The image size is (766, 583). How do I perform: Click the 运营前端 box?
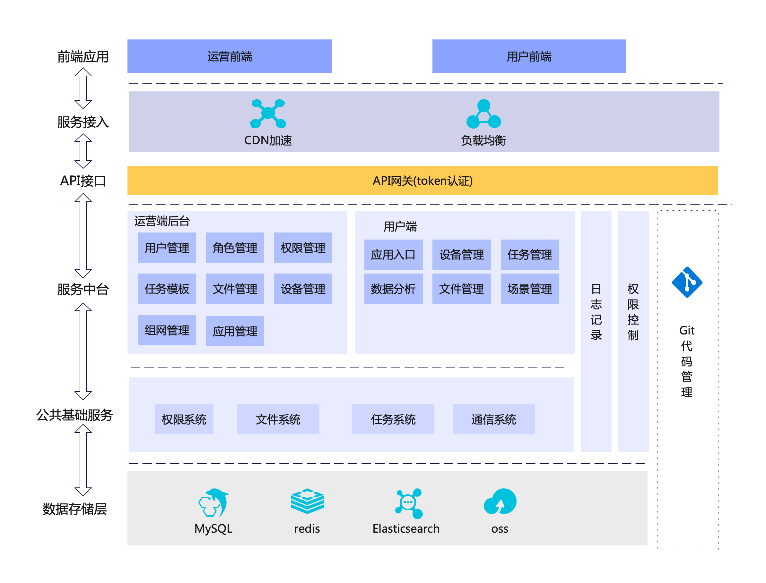230,56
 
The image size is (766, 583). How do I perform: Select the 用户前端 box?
529,56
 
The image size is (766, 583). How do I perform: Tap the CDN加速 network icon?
268,113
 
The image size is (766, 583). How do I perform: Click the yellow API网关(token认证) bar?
422,181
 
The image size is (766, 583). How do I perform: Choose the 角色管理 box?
235,248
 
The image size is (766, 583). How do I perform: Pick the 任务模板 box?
167,289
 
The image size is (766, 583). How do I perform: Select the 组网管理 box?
167,330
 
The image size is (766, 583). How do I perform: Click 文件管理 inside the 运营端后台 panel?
235,289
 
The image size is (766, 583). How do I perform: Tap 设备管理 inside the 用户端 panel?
461,255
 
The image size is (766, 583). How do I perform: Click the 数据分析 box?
393,289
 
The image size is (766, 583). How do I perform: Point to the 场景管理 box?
530,289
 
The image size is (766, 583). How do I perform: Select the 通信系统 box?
494,419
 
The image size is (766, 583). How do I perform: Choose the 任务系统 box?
393,419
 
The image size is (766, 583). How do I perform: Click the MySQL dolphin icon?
213,503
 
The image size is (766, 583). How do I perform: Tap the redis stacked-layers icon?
307,501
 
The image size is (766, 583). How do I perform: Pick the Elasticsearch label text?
406,528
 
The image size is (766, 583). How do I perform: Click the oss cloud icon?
500,502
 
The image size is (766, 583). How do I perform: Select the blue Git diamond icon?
687,282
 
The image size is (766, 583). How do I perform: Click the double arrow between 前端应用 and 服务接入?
83,88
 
